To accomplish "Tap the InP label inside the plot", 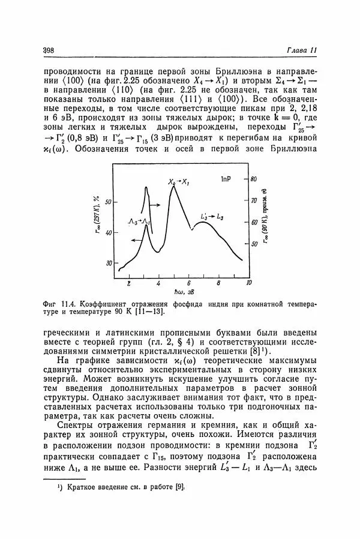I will [226, 179].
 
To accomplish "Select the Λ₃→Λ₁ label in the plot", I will [139, 221].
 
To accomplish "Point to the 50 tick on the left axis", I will [108, 202].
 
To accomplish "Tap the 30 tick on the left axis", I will [108, 263].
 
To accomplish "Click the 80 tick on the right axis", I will [253, 179].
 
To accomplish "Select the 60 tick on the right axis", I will [253, 222].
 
